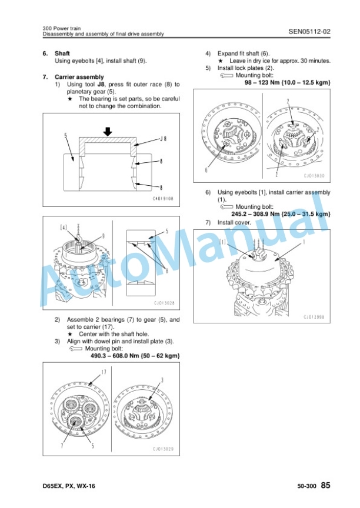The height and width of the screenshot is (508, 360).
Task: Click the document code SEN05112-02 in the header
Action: [309, 31]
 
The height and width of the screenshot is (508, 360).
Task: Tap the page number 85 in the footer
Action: [326, 485]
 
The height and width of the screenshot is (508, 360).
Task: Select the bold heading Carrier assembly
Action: [79, 77]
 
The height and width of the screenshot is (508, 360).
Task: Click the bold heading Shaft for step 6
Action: [62, 54]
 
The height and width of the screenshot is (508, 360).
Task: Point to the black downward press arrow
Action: [108, 131]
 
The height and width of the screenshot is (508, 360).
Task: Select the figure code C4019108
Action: [163, 199]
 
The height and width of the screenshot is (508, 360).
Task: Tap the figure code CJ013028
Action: [164, 303]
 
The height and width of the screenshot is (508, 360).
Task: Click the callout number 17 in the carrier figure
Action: [104, 372]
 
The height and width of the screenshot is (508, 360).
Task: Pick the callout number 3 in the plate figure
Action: [162, 380]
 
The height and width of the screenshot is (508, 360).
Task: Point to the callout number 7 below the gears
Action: [62, 446]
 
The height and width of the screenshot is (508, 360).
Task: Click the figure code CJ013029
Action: [164, 449]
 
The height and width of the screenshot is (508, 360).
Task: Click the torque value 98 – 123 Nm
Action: [262, 82]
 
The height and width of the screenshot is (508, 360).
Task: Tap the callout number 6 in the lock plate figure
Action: [206, 169]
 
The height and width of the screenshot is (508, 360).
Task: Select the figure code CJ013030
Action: [314, 176]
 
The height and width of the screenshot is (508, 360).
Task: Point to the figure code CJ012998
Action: [314, 317]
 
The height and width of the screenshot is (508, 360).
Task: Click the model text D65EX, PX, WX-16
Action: [69, 486]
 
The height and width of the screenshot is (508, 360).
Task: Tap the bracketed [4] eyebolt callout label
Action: [64, 228]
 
